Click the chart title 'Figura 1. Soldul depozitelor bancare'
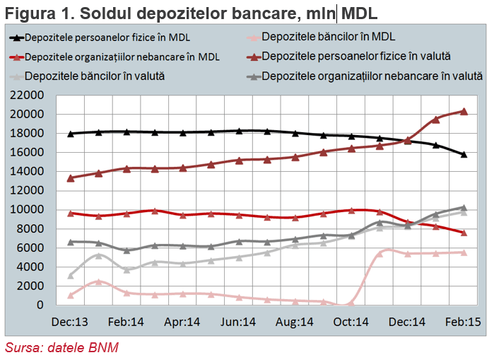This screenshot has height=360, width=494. (151, 14)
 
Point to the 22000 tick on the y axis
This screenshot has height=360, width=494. (27, 95)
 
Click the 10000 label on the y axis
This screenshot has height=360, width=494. (27, 209)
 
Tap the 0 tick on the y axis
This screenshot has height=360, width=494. (40, 305)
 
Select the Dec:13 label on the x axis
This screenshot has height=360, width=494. (70, 322)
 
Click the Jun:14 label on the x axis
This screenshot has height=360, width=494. (238, 322)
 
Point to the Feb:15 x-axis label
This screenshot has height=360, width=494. (463, 322)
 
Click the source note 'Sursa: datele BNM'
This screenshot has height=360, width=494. (61, 347)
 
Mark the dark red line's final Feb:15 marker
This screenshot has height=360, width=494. (464, 111)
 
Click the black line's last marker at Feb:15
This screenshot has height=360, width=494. (464, 154)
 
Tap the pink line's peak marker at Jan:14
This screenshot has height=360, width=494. (99, 281)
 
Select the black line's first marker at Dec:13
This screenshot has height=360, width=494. (71, 134)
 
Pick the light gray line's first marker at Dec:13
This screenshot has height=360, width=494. (71, 276)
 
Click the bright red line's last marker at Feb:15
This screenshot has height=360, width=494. (464, 233)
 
